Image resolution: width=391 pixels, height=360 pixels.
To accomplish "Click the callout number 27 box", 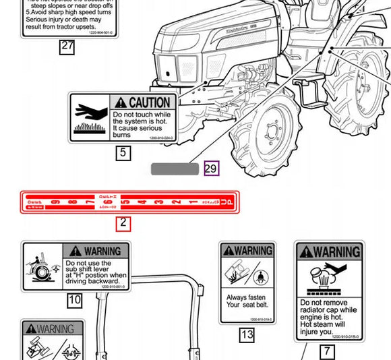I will tap(67, 47).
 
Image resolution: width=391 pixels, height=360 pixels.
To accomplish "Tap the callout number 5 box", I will tap(123, 153).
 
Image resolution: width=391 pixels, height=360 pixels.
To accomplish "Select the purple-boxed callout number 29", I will tap(212, 169).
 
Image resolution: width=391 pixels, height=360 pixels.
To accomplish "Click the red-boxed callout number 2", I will tap(123, 222).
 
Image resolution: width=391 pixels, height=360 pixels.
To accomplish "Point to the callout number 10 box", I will tap(74, 300).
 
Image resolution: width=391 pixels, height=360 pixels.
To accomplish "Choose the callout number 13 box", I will tap(247, 334).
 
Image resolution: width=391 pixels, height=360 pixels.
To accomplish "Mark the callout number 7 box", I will tap(327, 351).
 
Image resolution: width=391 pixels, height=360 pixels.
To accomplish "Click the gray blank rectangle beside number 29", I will tap(175, 169).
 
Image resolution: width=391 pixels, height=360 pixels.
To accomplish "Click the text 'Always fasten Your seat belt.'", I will tap(247, 301).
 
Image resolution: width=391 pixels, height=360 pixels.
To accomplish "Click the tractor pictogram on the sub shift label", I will tap(42, 266).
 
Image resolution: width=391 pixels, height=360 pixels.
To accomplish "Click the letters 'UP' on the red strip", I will tap(229, 202).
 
